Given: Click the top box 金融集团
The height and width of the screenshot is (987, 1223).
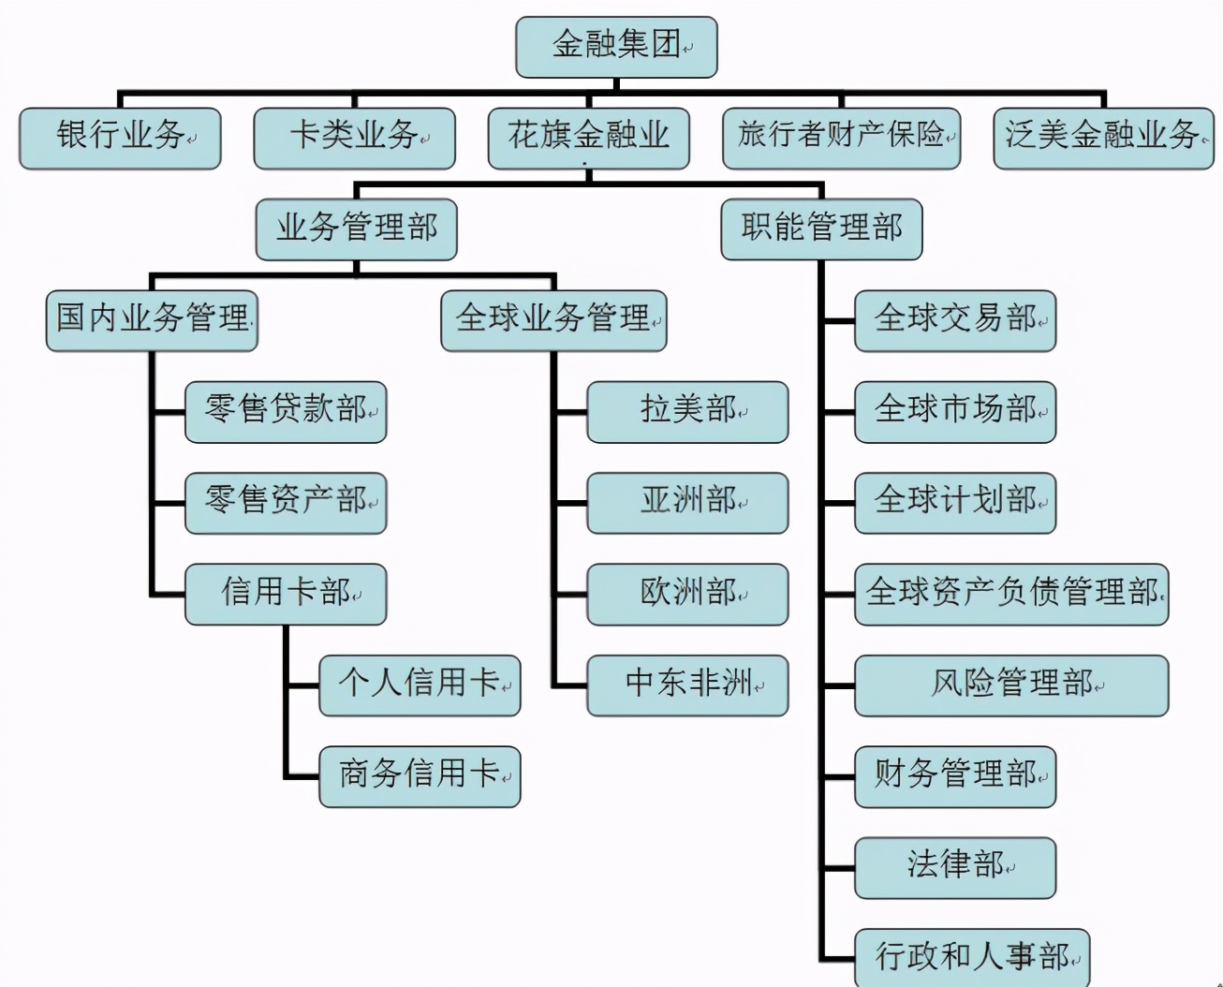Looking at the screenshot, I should tap(616, 47).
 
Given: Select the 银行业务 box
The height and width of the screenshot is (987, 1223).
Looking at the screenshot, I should tap(120, 138).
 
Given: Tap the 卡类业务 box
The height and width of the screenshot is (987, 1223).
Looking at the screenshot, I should tap(354, 138).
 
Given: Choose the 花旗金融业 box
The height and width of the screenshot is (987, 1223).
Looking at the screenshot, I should tap(588, 138).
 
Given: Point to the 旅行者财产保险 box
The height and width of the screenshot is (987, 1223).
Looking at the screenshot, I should tap(841, 138).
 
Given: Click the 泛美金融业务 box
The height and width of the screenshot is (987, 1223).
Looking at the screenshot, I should tap(1103, 138).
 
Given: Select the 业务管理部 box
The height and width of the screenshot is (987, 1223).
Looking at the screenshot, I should tap(356, 228).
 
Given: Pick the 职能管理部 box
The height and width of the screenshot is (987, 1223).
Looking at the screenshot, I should tap(821, 228).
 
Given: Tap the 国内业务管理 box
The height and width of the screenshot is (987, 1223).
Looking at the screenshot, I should tap(152, 320).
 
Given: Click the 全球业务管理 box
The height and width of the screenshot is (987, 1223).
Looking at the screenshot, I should tap(553, 320).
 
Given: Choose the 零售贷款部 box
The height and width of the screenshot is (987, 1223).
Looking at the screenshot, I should tap(286, 411).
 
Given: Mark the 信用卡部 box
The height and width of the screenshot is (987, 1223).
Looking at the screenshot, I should tap(286, 594).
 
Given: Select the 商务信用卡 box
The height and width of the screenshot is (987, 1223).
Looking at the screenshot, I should tap(420, 776).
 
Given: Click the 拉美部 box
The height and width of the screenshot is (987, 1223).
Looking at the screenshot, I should tap(687, 411).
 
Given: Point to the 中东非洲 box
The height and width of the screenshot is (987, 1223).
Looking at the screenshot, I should tap(687, 685).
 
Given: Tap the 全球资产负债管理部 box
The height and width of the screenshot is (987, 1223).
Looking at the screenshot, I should tap(1011, 594).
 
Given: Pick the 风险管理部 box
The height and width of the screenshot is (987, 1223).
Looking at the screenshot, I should tap(1011, 685).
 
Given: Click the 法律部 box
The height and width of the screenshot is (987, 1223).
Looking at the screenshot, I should tap(955, 867).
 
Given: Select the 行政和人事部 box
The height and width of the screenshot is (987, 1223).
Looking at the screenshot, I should tap(972, 957).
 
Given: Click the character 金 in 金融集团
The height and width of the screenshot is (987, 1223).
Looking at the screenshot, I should tap(568, 45).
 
